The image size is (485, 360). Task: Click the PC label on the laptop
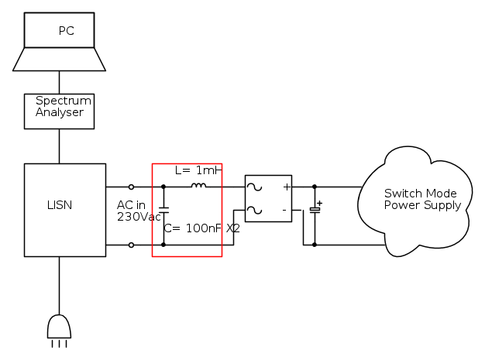(x=67, y=32)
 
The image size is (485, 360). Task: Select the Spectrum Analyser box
(x=60, y=111)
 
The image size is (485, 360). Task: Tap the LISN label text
(x=59, y=205)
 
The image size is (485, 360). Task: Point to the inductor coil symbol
(x=198, y=186)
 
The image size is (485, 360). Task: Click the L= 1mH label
(x=198, y=170)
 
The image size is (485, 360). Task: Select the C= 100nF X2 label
(x=201, y=229)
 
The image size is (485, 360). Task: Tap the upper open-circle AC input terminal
(x=131, y=187)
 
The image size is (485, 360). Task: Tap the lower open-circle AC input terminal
(x=131, y=245)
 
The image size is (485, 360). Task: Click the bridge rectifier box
(x=268, y=198)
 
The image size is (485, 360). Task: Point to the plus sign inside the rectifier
(x=286, y=187)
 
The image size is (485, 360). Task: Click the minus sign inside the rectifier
(x=284, y=209)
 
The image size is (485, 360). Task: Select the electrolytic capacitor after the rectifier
(x=315, y=210)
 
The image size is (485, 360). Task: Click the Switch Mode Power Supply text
(x=421, y=199)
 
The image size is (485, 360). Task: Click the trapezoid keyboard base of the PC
(x=59, y=60)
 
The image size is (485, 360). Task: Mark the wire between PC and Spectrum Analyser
(x=59, y=83)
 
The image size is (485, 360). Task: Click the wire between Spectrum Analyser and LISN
(x=59, y=146)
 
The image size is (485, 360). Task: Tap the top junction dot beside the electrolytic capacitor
(x=315, y=187)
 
